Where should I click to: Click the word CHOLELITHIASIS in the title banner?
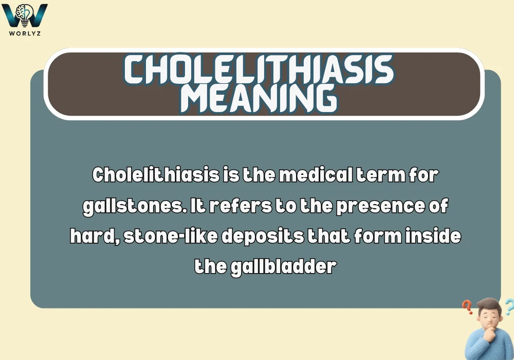coord(259,70)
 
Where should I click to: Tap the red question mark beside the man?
coord(468,308)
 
